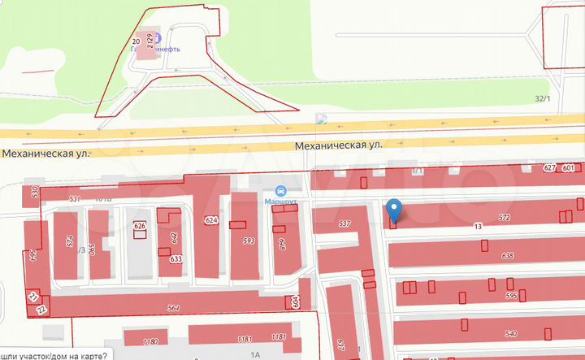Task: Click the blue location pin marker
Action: [x=394, y=209]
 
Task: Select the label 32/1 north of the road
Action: [x=543, y=99]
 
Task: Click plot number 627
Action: [x=550, y=168]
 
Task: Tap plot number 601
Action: [x=568, y=168]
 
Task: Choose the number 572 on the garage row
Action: [x=505, y=218]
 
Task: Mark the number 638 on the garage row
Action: [x=508, y=256]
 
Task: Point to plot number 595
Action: [x=511, y=296]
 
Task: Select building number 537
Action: [x=344, y=223]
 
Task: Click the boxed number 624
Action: [x=212, y=220]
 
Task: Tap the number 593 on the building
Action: [x=249, y=241]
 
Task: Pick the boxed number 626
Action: [x=140, y=226]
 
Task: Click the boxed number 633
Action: [x=176, y=259]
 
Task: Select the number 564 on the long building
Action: [x=172, y=307]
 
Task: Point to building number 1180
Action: [x=149, y=341]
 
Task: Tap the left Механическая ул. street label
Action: [x=45, y=152]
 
